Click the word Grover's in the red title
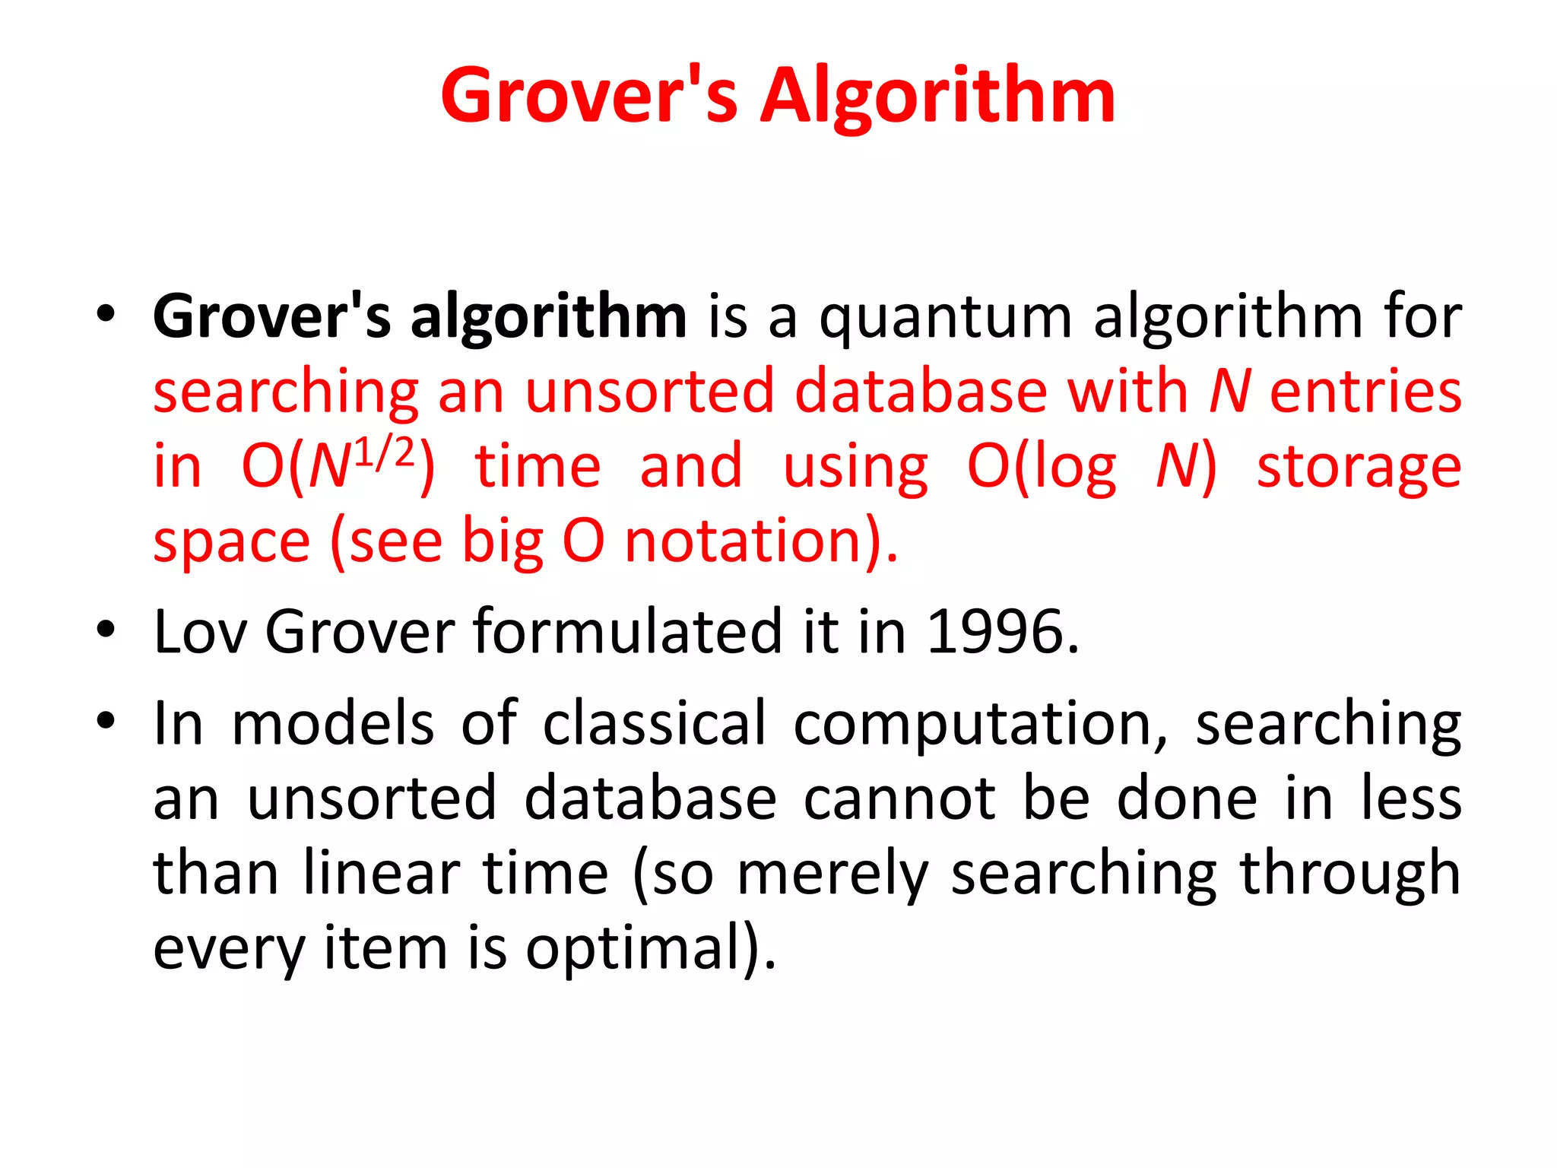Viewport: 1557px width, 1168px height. (x=589, y=96)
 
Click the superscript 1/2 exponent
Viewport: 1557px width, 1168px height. (x=385, y=453)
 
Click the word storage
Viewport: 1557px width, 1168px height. (x=1359, y=466)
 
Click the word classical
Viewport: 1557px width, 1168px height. (x=655, y=722)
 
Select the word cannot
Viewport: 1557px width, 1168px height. (x=899, y=798)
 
